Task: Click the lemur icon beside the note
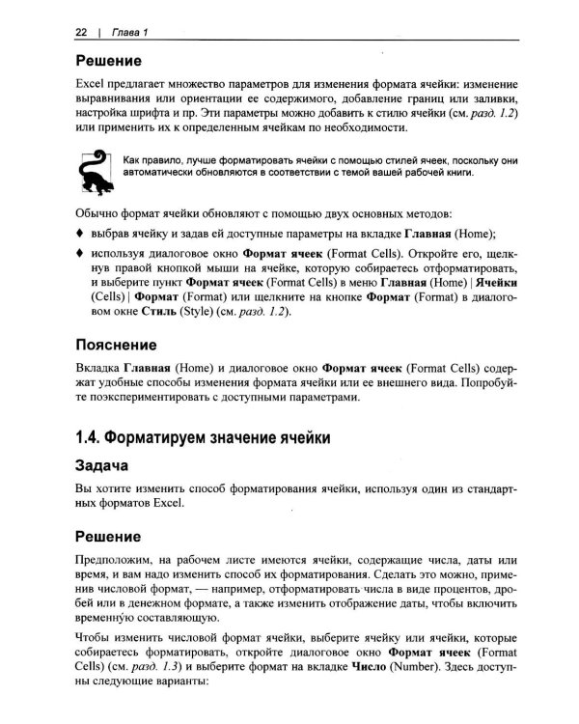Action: (x=91, y=169)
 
